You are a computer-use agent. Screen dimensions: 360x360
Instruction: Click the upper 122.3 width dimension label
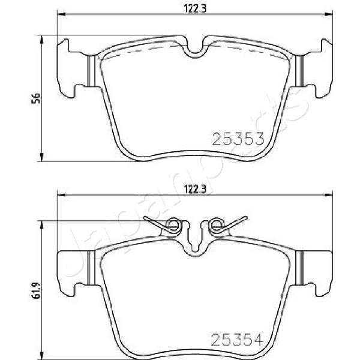click(195, 9)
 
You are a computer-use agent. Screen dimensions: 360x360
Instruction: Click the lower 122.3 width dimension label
click(195, 190)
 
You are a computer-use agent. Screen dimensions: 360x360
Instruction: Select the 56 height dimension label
click(36, 98)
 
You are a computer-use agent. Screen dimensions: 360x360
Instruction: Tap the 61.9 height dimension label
click(36, 290)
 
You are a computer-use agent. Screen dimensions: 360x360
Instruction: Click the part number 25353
click(238, 139)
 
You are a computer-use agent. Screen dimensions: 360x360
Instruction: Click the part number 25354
click(237, 340)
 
